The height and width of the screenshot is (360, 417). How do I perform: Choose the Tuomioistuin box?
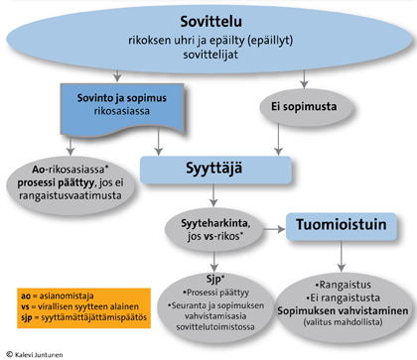[x=336, y=224]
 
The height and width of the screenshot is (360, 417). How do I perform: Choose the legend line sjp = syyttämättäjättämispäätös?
[x=79, y=319]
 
